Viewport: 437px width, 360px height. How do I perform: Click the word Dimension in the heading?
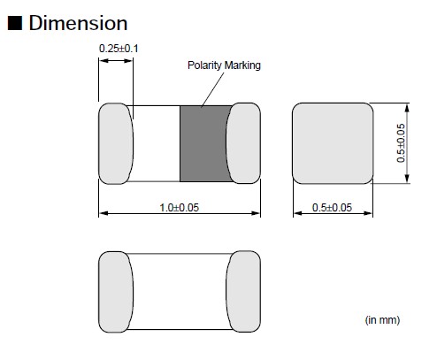[x=78, y=23]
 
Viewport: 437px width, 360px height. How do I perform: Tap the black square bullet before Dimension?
[x=15, y=23]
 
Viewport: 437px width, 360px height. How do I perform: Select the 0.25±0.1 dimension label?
[x=115, y=47]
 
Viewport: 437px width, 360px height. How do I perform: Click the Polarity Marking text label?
[x=224, y=65]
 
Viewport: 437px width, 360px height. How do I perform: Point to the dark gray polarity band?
[x=204, y=144]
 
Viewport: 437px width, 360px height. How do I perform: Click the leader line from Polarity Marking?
[x=211, y=88]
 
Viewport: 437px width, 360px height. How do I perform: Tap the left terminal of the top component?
[x=115, y=144]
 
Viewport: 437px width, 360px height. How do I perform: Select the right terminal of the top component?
[x=244, y=144]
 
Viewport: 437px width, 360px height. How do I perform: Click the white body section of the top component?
[x=157, y=144]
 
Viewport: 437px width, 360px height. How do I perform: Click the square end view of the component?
[x=332, y=143]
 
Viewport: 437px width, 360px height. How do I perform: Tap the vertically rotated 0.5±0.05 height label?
[x=401, y=142]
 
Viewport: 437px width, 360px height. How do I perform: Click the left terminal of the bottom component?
[x=115, y=290]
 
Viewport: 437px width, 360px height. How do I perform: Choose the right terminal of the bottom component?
[x=244, y=290]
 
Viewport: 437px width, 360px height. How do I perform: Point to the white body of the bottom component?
[x=180, y=290]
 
